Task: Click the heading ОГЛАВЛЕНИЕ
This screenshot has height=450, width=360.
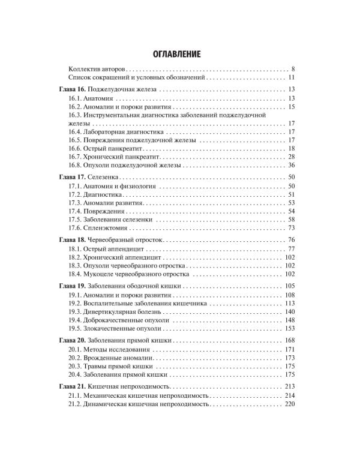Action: point(180,54)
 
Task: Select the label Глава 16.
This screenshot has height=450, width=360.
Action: point(75,89)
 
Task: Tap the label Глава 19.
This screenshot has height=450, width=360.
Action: point(75,287)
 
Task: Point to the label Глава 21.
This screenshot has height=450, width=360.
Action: point(75,387)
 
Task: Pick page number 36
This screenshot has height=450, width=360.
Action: point(290,165)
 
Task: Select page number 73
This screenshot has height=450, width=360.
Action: point(290,228)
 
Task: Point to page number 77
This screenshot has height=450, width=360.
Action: point(290,249)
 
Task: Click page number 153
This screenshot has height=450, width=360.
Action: point(289,329)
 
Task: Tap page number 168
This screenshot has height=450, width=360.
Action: point(289,341)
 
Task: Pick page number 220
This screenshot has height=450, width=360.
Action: point(289,404)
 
